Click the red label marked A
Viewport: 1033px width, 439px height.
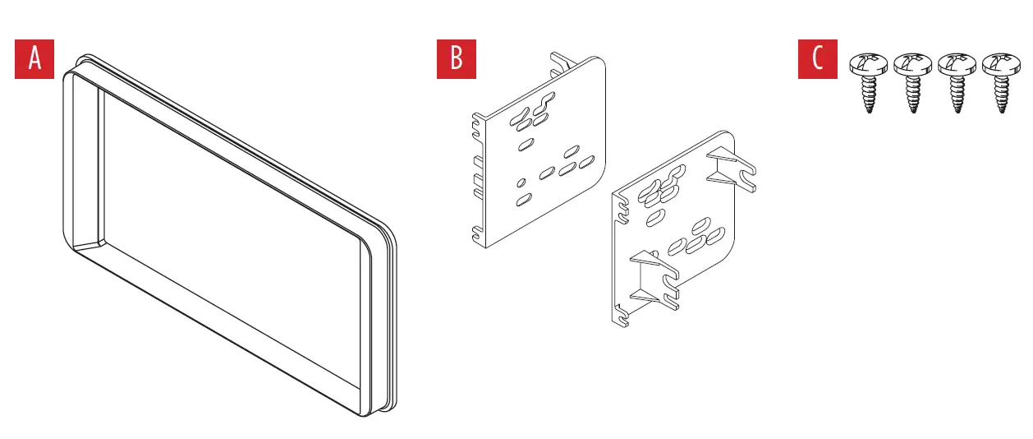(34, 59)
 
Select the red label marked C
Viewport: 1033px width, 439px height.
(817, 59)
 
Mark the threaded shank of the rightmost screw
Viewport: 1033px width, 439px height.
(1001, 94)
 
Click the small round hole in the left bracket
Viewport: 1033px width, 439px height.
(521, 182)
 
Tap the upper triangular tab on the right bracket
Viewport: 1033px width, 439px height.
(727, 169)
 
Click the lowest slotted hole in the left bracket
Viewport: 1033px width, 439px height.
(523, 200)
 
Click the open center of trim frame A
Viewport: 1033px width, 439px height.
(230, 238)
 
